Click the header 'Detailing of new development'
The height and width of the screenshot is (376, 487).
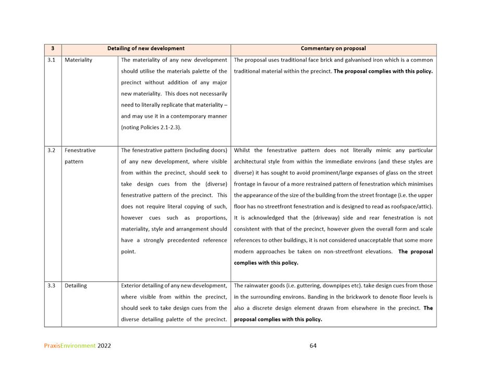coord(146,48)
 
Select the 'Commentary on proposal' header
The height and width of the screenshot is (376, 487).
coord(333,48)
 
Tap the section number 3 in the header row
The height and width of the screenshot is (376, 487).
coord(53,48)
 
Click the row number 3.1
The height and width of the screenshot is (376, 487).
coord(52,60)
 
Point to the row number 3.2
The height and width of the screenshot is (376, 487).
coord(52,151)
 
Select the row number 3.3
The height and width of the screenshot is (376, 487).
coord(52,285)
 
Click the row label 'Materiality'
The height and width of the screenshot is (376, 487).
coord(78,60)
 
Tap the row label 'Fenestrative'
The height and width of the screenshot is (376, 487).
coord(80,151)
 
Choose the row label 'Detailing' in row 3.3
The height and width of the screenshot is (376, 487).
coord(76,285)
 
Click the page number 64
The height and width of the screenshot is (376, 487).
coord(313,345)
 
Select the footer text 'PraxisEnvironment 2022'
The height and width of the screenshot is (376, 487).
coord(78,345)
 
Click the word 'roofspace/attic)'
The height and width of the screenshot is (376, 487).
coord(412,206)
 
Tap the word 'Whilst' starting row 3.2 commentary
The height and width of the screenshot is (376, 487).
coord(242,151)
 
